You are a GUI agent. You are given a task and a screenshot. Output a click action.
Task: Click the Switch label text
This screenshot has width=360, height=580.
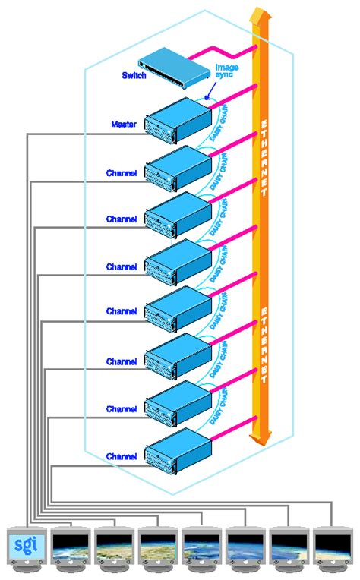(134, 76)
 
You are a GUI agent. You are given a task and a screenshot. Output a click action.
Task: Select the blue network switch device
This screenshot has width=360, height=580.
(174, 69)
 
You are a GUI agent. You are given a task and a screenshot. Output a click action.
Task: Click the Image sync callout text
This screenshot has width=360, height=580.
(226, 71)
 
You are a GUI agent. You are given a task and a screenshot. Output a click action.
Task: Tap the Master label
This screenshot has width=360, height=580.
(124, 125)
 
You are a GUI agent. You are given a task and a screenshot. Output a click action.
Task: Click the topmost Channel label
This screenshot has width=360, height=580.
(122, 173)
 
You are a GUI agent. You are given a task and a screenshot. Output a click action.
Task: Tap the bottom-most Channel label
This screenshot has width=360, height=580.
(122, 456)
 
